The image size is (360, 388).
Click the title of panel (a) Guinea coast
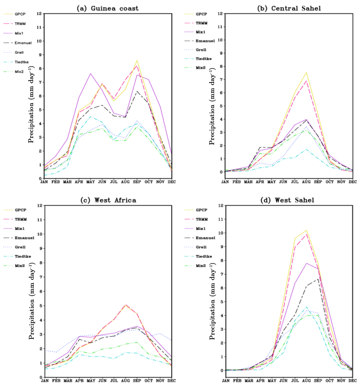point(107,8)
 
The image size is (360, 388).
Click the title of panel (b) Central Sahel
point(289,8)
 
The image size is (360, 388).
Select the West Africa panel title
point(108,200)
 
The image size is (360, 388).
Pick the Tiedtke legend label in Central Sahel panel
point(203,59)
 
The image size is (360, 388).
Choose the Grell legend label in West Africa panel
point(20,247)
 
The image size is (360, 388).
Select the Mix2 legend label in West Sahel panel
point(201,266)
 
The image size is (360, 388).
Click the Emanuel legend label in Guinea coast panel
point(23,43)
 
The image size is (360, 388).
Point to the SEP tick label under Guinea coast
point(137,182)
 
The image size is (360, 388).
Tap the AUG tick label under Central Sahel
point(306,182)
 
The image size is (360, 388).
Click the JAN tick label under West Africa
point(45,381)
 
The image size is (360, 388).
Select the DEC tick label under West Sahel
point(353,381)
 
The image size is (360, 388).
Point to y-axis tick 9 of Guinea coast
point(39,55)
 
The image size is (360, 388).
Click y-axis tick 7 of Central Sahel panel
point(220,80)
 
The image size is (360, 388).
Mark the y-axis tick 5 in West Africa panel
point(40,306)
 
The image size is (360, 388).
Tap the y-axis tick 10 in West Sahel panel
point(220,233)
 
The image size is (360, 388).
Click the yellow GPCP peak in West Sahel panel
point(306,230)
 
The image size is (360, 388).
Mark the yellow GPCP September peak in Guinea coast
point(137,60)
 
